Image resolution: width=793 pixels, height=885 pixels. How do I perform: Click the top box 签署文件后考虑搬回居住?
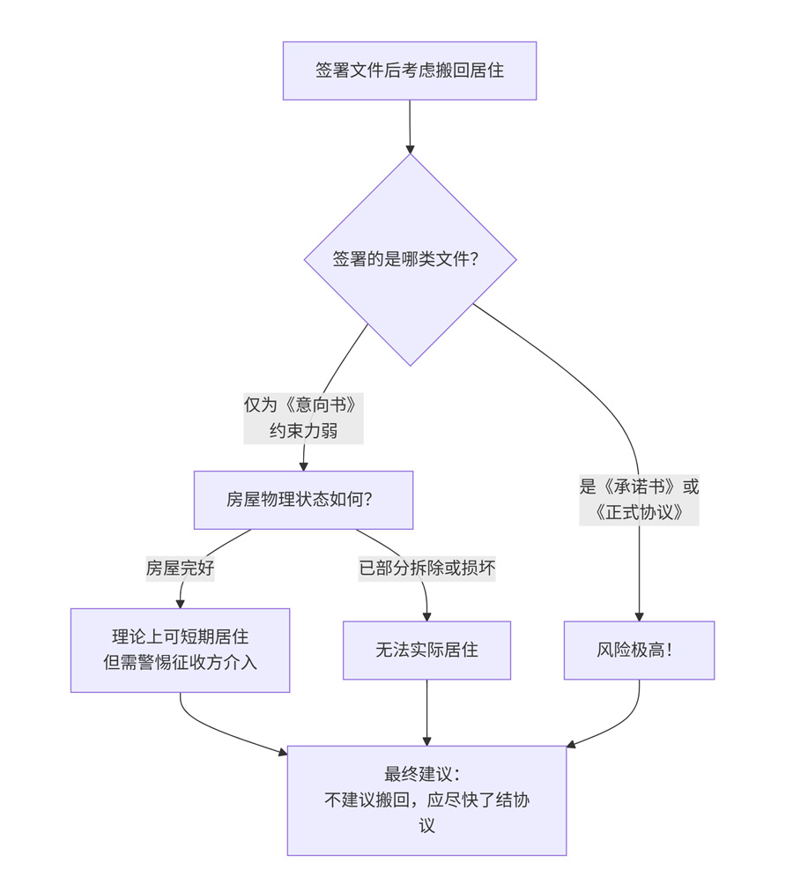pyautogui.click(x=410, y=71)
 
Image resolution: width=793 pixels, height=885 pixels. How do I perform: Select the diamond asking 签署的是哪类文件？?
pyautogui.click(x=410, y=259)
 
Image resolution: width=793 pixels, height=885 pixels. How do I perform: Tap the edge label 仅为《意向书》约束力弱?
pyautogui.click(x=303, y=419)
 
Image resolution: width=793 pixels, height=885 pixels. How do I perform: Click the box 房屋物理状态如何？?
pyautogui.click(x=303, y=500)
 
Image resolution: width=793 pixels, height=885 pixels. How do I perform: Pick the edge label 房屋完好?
pyautogui.click(x=180, y=569)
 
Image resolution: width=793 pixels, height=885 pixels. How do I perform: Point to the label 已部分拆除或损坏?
pyautogui.click(x=426, y=569)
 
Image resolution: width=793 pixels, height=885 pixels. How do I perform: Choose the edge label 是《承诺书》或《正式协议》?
pyautogui.click(x=639, y=500)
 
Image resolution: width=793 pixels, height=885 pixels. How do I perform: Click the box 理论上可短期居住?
pyautogui.click(x=180, y=650)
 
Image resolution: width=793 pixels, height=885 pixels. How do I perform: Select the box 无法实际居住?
pyautogui.click(x=426, y=651)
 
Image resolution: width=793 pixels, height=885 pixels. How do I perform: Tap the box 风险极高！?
pyautogui.click(x=639, y=651)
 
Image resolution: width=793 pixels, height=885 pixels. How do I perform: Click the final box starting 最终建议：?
pyautogui.click(x=426, y=800)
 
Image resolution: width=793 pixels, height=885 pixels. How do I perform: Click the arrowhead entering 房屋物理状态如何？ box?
pyautogui.click(x=303, y=465)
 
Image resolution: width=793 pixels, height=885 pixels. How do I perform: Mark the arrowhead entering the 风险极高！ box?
pyautogui.click(x=639, y=615)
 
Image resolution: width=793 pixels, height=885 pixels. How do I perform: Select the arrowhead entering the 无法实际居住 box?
pyautogui.click(x=426, y=615)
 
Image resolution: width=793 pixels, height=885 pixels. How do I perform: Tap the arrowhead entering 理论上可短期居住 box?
pyautogui.click(x=180, y=602)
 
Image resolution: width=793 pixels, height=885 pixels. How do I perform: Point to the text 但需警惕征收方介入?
pyautogui.click(x=180, y=662)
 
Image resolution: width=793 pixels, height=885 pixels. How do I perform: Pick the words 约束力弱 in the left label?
pyautogui.click(x=303, y=432)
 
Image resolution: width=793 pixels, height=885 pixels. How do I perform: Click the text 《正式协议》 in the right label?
pyautogui.click(x=639, y=512)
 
